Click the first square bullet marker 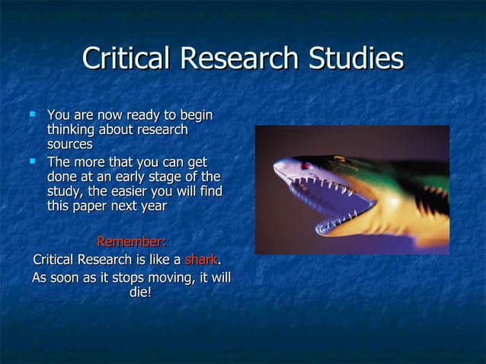tap(31, 115)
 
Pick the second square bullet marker tap(31, 161)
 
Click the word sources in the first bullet tap(70, 144)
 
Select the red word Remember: tap(131, 242)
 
